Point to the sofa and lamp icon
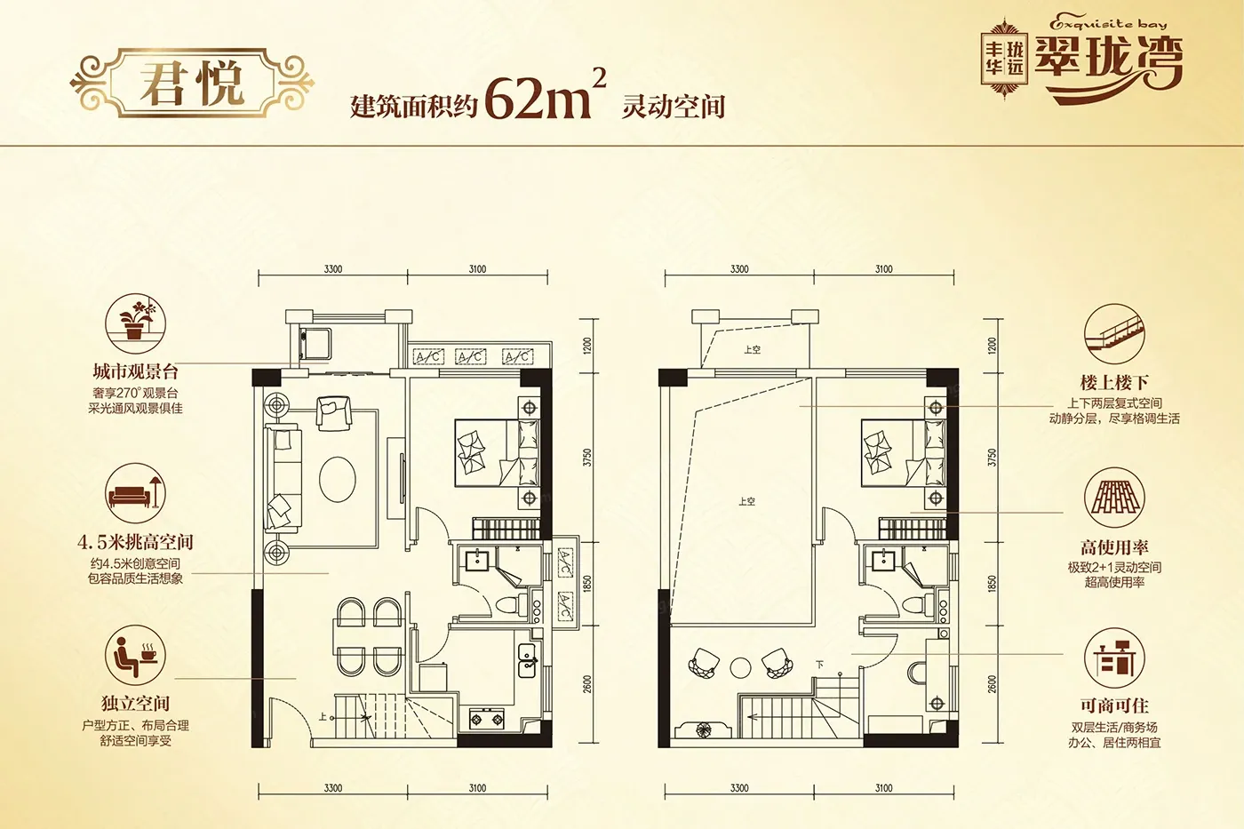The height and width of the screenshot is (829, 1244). pyautogui.click(x=135, y=492)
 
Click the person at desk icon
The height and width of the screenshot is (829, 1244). pyautogui.click(x=135, y=654)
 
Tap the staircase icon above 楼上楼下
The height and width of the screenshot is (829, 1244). pyautogui.click(x=1113, y=334)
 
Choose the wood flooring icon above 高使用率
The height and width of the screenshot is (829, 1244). pyautogui.click(x=1113, y=498)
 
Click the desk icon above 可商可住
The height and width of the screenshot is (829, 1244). pyautogui.click(x=1113, y=659)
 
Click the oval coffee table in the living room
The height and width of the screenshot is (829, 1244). pyautogui.click(x=338, y=480)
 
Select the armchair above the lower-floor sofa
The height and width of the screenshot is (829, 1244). pyautogui.click(x=333, y=411)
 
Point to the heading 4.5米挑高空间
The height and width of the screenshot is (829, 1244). pyautogui.click(x=135, y=542)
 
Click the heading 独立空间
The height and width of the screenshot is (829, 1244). pyautogui.click(x=135, y=704)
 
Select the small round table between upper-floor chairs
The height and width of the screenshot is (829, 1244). pyautogui.click(x=740, y=666)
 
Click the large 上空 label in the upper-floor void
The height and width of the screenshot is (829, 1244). pyautogui.click(x=746, y=502)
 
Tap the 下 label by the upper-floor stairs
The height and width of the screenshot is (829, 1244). pyautogui.click(x=819, y=665)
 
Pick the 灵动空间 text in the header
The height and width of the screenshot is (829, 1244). pyautogui.click(x=673, y=108)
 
